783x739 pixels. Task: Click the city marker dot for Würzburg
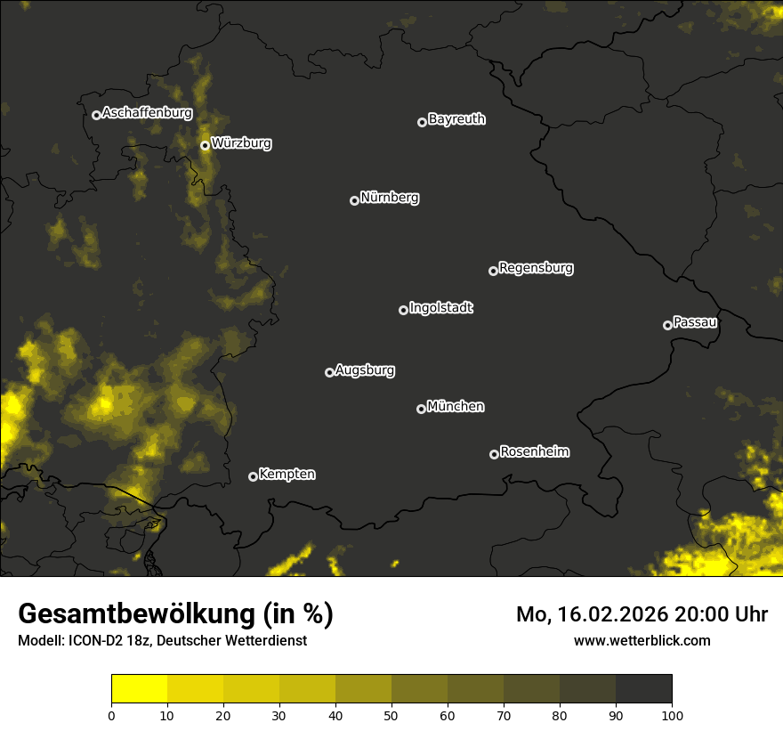pos(205,145)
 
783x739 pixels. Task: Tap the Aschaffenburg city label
pos(147,113)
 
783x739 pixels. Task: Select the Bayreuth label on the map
pos(456,119)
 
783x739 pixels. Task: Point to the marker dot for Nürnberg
pos(354,200)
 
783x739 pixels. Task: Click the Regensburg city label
pos(536,268)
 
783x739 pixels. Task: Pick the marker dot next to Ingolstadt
pos(403,310)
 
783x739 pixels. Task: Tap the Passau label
pos(695,322)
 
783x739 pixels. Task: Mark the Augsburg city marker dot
pos(329,372)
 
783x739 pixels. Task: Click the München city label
pos(456,407)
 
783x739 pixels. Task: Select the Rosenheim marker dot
pos(494,455)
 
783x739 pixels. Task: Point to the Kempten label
pos(287,475)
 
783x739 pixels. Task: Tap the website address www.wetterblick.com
pos(642,640)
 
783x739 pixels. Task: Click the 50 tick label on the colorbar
pos(391,714)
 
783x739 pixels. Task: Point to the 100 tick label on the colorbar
pos(672,714)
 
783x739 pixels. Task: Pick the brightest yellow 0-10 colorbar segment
pos(139,689)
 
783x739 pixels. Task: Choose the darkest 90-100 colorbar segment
pos(643,689)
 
